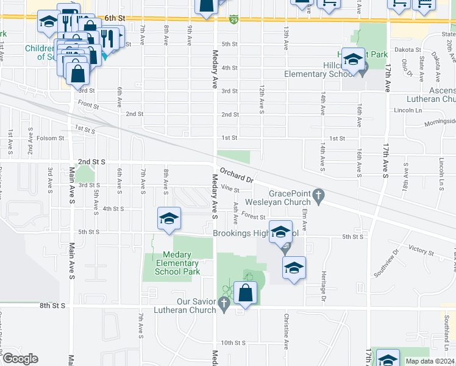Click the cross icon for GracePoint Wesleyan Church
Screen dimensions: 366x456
(x=318, y=196)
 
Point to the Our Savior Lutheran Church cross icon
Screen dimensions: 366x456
(x=224, y=303)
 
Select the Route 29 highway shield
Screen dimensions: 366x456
(x=234, y=20)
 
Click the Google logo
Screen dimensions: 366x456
(x=20, y=359)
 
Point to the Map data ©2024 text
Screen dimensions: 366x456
(x=430, y=361)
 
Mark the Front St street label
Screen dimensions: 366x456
(x=88, y=104)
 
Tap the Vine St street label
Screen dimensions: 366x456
(x=229, y=188)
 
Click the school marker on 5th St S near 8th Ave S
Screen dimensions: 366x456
(x=169, y=218)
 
